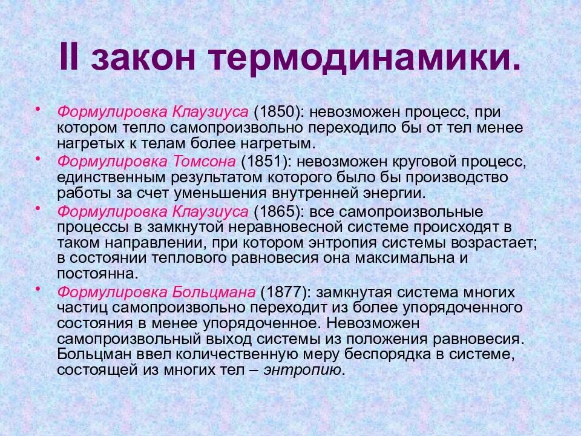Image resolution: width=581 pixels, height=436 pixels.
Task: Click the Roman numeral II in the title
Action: pyautogui.click(x=73, y=58)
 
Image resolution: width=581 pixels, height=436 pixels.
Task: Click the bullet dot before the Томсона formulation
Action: pyautogui.click(x=38, y=158)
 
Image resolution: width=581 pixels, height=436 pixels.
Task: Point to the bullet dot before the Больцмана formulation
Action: pyautogui.click(x=38, y=288)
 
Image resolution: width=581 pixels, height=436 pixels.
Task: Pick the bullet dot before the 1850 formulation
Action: pyautogui.click(x=38, y=108)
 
